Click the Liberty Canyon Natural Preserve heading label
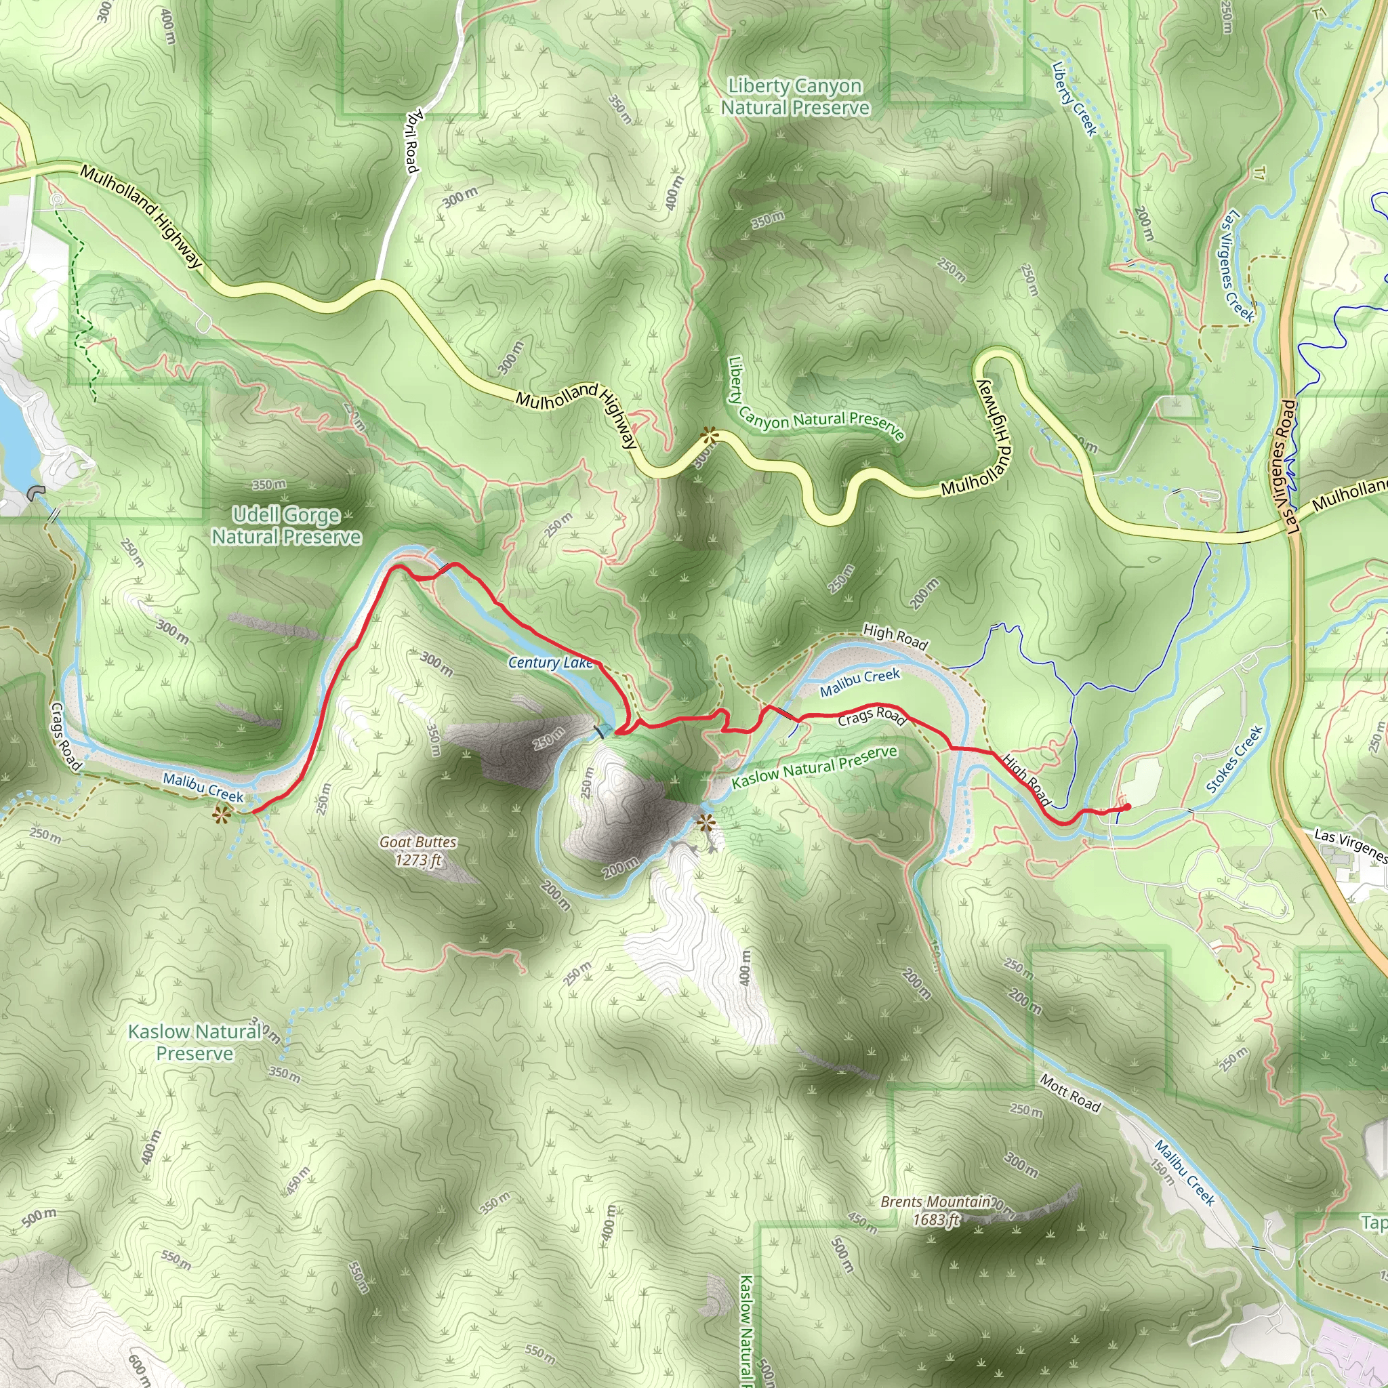click(794, 97)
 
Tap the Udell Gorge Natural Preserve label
click(286, 526)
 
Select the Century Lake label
click(550, 662)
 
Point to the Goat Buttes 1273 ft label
click(418, 851)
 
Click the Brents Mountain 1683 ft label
click(936, 1210)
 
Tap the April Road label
click(411, 141)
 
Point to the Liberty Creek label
click(1075, 99)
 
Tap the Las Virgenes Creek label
click(1237, 266)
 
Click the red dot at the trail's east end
click(1126, 807)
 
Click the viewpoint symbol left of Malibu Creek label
click(221, 815)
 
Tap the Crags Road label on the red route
click(872, 716)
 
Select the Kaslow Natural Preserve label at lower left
click(195, 1042)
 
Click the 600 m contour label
click(139, 1368)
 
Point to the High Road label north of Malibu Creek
click(895, 636)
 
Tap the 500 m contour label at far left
click(39, 1217)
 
